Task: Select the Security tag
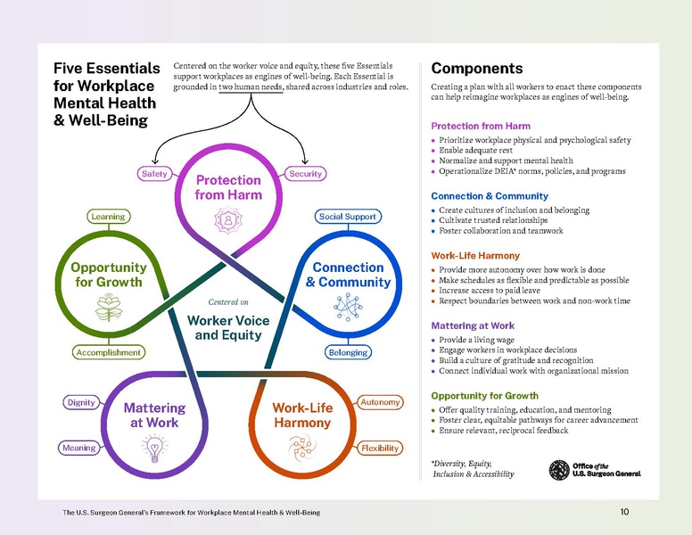click(x=305, y=174)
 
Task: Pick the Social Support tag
click(x=349, y=217)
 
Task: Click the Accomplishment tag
click(x=109, y=352)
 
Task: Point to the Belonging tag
click(x=348, y=352)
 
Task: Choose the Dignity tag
click(x=81, y=402)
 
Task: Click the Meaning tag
click(x=80, y=448)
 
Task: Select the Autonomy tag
click(x=380, y=402)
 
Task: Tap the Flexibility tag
click(x=379, y=448)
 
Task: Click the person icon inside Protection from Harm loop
click(x=229, y=218)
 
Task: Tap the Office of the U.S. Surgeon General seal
click(x=559, y=469)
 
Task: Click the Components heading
click(x=476, y=69)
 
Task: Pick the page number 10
click(x=624, y=512)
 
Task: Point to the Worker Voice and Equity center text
click(x=229, y=327)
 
